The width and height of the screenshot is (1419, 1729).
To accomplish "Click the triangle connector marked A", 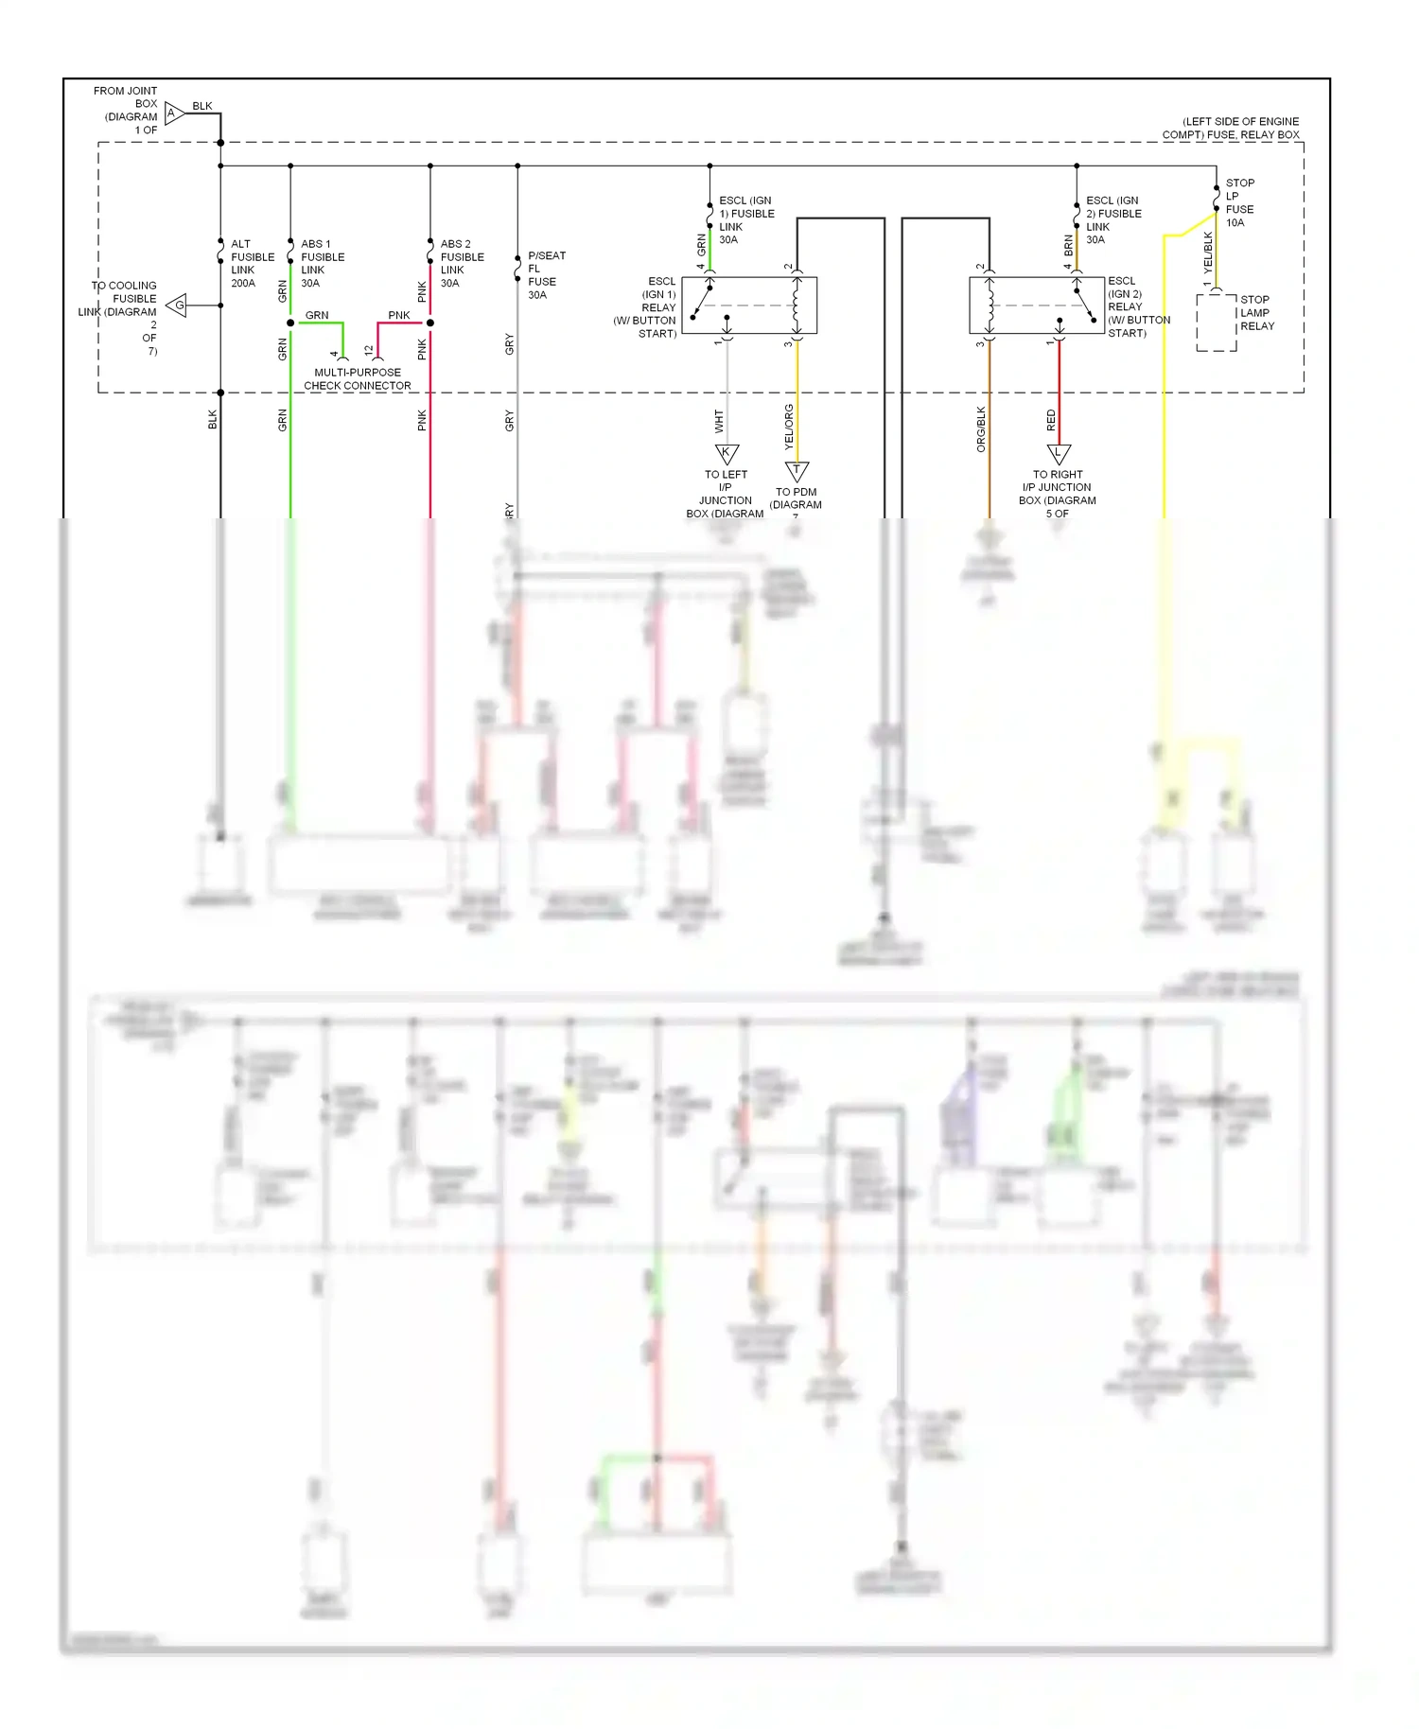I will click(173, 114).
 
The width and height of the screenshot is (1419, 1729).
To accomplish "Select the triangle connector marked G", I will click(178, 306).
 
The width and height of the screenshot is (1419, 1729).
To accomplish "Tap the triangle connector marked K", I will click(727, 453).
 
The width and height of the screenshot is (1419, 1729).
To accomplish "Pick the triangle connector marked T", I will click(797, 470).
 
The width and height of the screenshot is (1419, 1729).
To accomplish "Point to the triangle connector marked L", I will click(1059, 453).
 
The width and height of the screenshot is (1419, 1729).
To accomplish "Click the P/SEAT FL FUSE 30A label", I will click(546, 275).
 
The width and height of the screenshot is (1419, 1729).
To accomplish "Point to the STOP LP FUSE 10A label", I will click(1239, 202).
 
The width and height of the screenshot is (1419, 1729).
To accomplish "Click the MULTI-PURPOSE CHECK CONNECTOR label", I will click(358, 379).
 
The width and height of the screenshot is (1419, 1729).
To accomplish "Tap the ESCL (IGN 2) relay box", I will click(1038, 306).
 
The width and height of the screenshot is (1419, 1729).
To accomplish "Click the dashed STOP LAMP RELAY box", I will click(1216, 323).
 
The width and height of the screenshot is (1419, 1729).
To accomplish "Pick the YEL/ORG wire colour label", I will click(789, 427).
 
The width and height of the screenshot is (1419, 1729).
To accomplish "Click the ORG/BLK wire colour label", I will click(981, 429).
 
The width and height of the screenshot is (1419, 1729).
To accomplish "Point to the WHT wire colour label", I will click(719, 422).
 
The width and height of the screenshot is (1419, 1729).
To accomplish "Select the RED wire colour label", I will click(1051, 421).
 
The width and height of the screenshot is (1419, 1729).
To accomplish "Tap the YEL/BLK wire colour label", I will click(1208, 253).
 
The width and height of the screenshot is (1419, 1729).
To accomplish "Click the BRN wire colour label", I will click(1069, 246).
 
